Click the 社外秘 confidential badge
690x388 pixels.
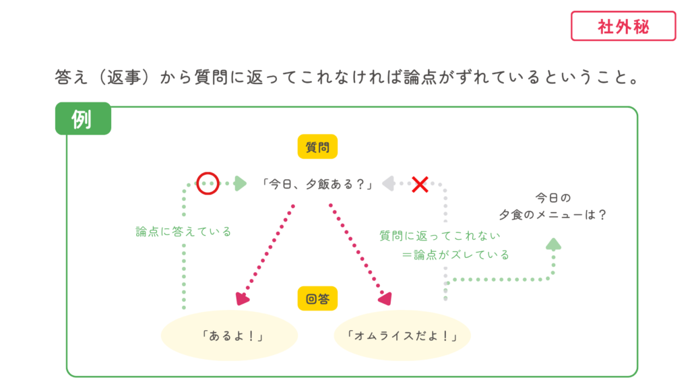click(623, 26)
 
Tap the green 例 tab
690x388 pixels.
click(82, 119)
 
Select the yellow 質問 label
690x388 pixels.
click(317, 147)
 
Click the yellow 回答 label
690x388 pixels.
click(317, 298)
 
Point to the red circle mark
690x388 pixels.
click(208, 183)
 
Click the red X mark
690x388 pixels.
click(420, 184)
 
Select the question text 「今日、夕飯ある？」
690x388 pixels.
click(317, 183)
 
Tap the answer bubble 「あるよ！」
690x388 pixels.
click(230, 335)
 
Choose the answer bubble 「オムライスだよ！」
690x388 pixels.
click(402, 335)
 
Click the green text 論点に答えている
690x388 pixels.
click(183, 232)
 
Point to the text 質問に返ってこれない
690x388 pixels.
click(440, 236)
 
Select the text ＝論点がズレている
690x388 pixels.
click(455, 255)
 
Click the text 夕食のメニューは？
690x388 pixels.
click(553, 216)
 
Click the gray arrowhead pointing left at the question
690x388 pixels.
click(389, 183)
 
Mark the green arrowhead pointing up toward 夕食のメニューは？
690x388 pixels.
click(553, 243)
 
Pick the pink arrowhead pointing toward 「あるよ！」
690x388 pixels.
click(243, 298)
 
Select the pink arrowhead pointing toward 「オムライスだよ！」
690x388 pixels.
click(385, 298)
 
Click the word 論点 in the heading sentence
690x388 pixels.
click(419, 78)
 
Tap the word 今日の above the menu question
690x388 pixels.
click(553, 198)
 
